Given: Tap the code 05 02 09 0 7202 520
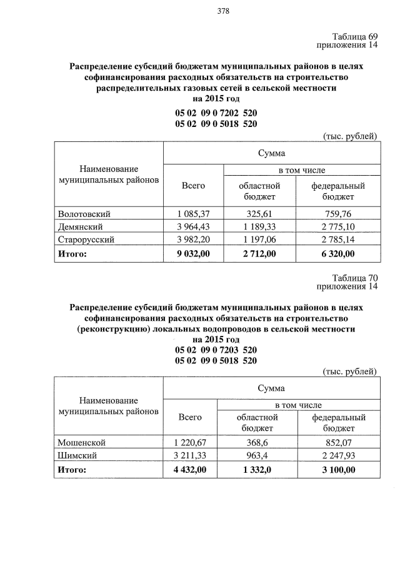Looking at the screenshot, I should click(216, 113).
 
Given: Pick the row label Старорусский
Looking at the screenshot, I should click(86, 240).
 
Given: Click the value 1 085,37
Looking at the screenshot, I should click(193, 214).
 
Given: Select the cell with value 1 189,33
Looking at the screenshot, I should click(259, 226).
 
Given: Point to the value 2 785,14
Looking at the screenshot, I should click(338, 240).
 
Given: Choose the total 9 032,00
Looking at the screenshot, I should click(193, 253).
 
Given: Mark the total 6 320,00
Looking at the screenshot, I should click(338, 253).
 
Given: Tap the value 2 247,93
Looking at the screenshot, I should click(338, 456).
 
